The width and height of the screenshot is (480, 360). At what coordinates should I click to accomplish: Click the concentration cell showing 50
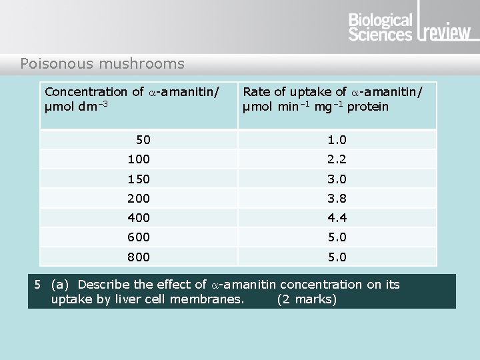click(143, 140)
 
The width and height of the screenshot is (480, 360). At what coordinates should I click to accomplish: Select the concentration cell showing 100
click(139, 159)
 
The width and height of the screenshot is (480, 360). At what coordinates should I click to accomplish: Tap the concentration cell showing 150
click(139, 179)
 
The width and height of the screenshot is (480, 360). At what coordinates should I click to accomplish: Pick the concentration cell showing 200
click(139, 198)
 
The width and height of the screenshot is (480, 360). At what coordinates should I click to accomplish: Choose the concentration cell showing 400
click(139, 218)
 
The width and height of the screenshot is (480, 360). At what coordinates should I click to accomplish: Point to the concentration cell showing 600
click(139, 237)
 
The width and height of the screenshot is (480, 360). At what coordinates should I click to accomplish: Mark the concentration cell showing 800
click(139, 257)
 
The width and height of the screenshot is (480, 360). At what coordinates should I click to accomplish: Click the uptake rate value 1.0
click(337, 140)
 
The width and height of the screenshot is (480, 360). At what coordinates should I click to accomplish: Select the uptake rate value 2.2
click(337, 159)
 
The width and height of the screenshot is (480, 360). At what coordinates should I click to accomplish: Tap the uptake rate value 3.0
click(337, 179)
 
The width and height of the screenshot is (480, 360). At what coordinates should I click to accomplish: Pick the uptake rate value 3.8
click(337, 198)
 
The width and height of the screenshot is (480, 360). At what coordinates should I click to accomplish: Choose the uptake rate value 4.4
click(337, 218)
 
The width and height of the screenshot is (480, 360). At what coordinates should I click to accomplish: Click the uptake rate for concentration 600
click(337, 237)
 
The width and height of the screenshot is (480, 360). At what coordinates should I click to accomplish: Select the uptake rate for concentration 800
click(337, 257)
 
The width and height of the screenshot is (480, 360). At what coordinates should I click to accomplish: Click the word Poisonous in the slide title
click(57, 64)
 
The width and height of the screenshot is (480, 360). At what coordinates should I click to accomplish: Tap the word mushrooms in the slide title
click(141, 64)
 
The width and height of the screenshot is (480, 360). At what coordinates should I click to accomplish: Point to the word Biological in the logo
click(381, 21)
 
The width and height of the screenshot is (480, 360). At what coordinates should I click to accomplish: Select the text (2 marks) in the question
click(307, 299)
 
